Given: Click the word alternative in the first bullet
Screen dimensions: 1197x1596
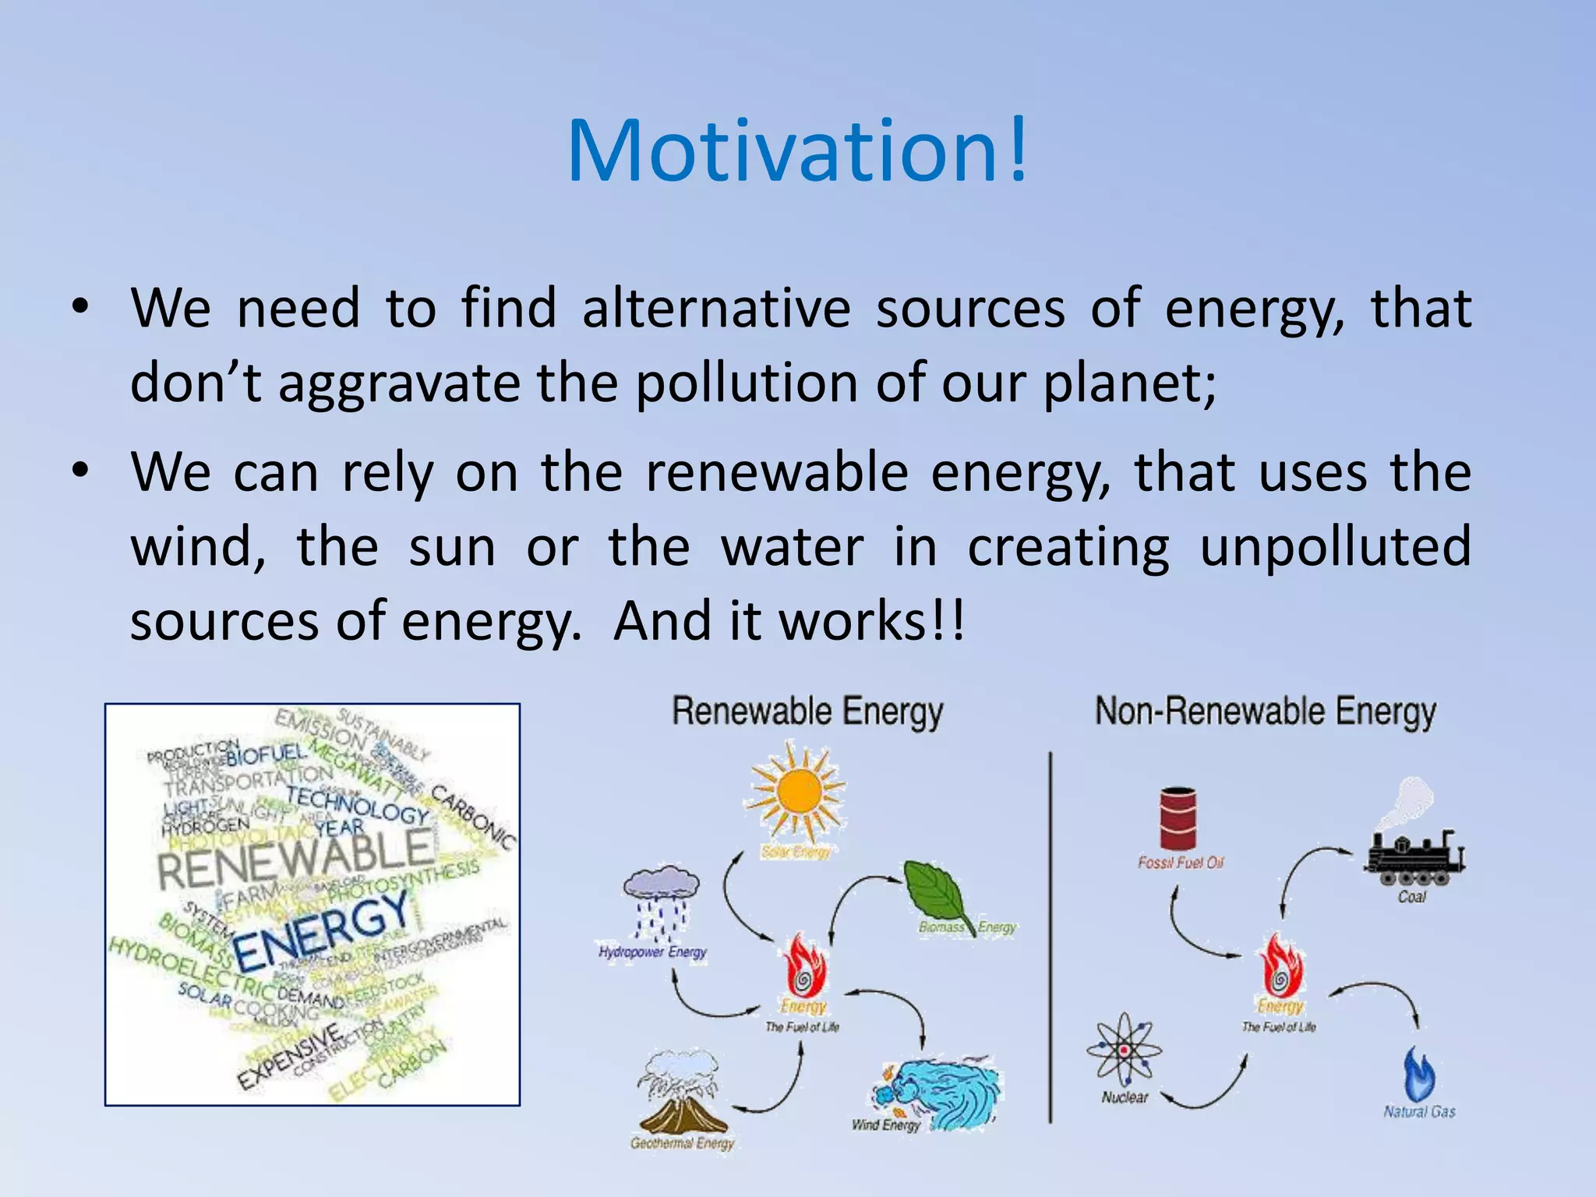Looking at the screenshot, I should point(716,309).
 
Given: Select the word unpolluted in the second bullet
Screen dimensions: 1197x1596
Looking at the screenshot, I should point(1334,547).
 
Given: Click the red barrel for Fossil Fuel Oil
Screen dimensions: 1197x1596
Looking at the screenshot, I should point(1178,817).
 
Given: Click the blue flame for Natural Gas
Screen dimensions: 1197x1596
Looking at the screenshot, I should point(1418,1074).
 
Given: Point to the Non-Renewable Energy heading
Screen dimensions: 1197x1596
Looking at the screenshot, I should point(1265,712).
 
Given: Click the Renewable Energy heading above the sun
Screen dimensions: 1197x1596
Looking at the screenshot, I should point(807,712).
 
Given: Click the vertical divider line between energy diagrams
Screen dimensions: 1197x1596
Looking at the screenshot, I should point(1050,935).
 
